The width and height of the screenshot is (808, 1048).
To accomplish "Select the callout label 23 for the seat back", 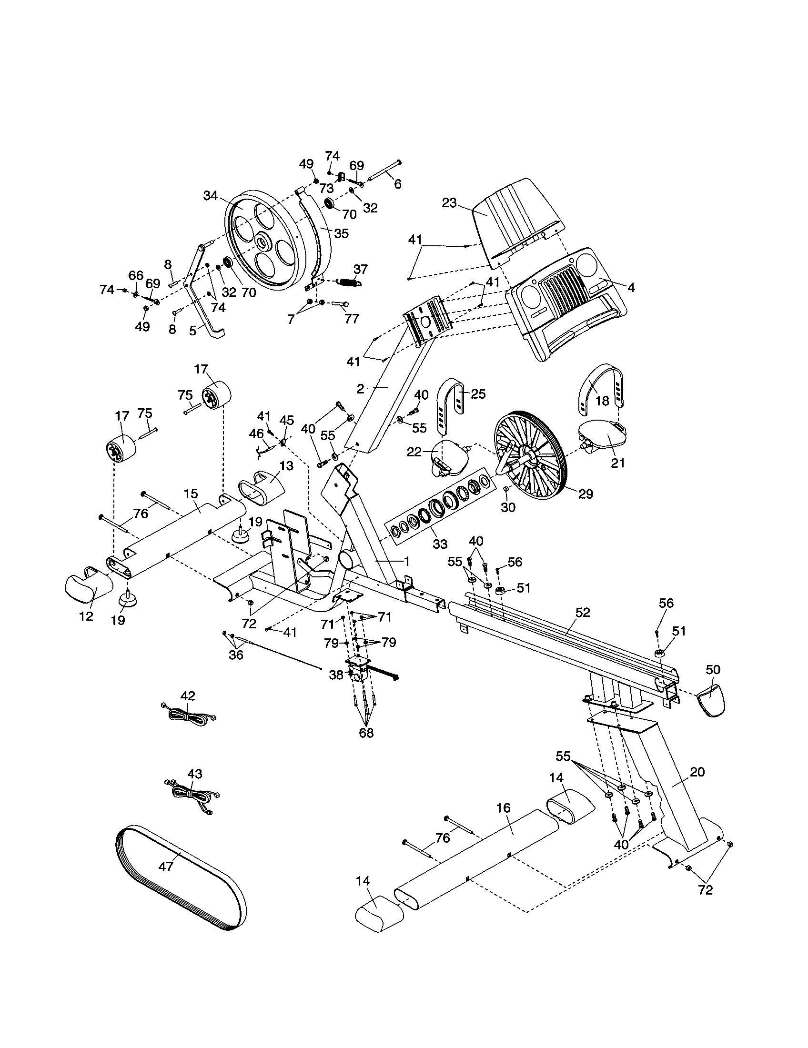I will (x=449, y=203).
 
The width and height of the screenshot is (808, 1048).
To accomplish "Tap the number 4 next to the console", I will (x=631, y=287).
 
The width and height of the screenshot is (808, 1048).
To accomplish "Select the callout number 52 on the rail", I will (x=583, y=612).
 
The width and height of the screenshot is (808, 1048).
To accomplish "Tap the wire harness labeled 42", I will (x=188, y=716).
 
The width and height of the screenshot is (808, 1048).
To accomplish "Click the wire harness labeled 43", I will (x=194, y=795).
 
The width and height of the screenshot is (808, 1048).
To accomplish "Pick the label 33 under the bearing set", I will (x=440, y=544).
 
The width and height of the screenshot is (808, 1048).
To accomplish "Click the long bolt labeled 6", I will (x=384, y=171).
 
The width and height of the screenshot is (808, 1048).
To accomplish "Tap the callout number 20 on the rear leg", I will (x=697, y=772).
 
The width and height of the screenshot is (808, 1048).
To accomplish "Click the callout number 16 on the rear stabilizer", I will (x=503, y=807).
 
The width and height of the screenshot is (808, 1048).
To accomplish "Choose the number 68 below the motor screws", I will (x=366, y=733).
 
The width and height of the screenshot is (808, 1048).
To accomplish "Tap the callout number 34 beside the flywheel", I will (x=211, y=196).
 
